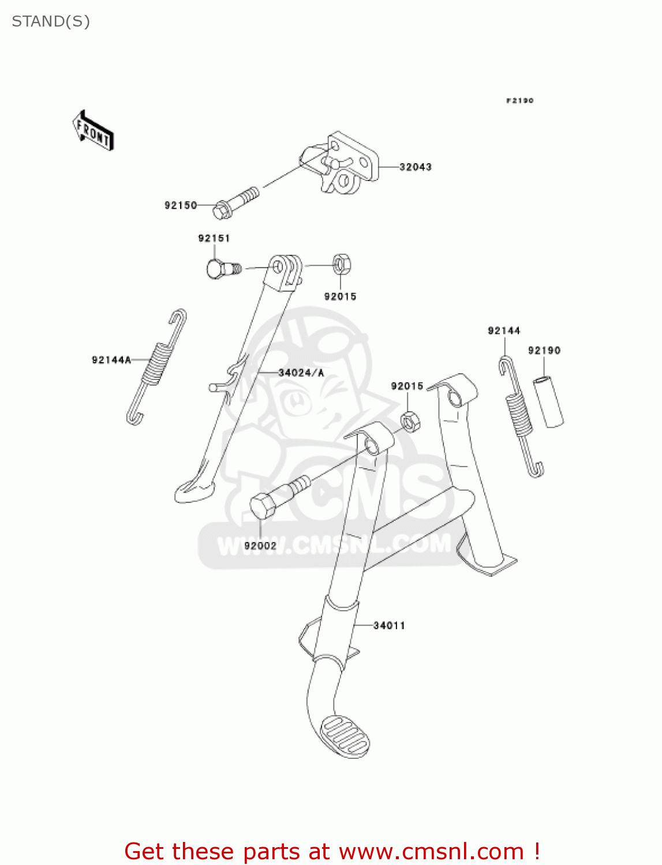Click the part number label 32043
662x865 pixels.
[x=415, y=167]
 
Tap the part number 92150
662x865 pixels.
[x=181, y=205]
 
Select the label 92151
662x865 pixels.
[x=214, y=238]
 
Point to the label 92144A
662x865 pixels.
[x=111, y=360]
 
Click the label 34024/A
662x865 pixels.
[x=301, y=373]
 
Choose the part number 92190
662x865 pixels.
[x=544, y=351]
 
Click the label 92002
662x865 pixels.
[x=260, y=546]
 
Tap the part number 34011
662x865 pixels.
[x=389, y=626]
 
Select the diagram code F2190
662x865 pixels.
[x=520, y=101]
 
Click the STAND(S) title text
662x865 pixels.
[x=51, y=22]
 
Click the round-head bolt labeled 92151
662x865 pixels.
[x=222, y=269]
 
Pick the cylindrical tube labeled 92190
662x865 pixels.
[x=548, y=402]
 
